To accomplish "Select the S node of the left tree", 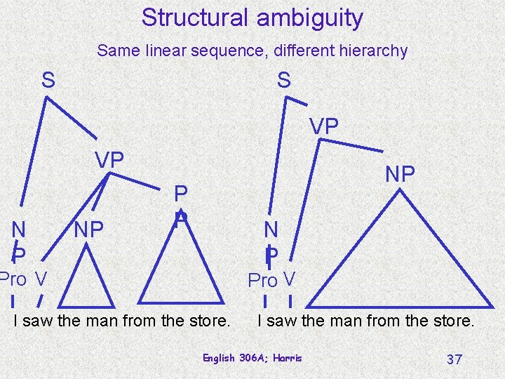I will pos(48,80).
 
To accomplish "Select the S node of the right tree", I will pos(283,80).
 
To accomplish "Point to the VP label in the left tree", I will pos(109,161).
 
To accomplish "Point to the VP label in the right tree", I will pos(324,126).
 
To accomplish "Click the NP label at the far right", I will pos(400,174).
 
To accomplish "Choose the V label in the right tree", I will pos(288,280).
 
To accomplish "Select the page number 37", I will pos(454,359).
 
